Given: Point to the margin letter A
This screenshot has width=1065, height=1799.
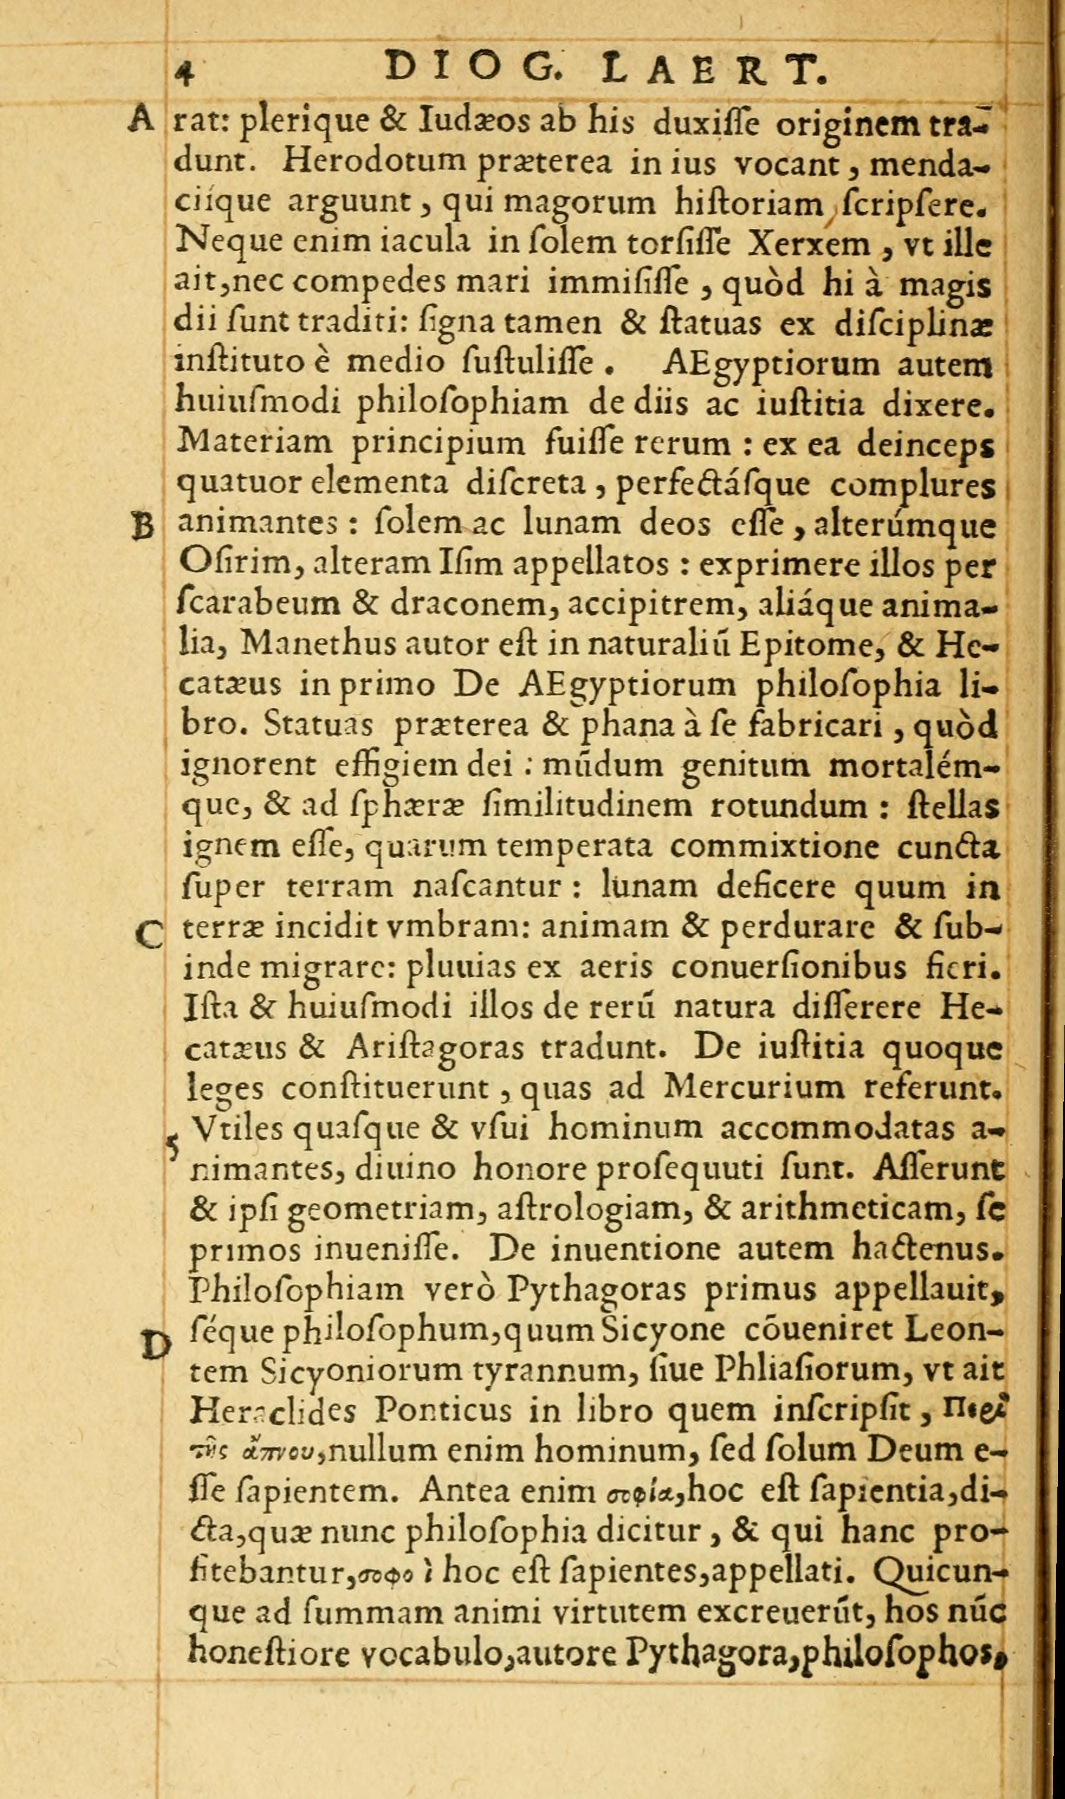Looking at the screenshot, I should [141, 119].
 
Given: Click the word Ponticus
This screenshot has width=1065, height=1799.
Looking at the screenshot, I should [444, 1412].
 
